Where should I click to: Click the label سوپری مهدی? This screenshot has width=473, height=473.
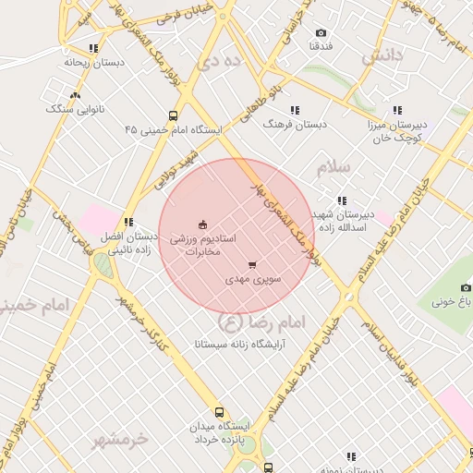tap(254, 276)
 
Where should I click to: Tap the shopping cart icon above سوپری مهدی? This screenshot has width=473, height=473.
tap(252, 265)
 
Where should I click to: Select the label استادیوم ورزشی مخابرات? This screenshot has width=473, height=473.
tap(205, 245)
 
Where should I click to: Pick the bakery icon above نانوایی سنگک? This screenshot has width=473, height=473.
tap(75, 95)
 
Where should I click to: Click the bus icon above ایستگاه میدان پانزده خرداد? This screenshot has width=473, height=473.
tap(219, 412)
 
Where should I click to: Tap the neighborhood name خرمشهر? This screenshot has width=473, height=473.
tap(120, 439)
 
